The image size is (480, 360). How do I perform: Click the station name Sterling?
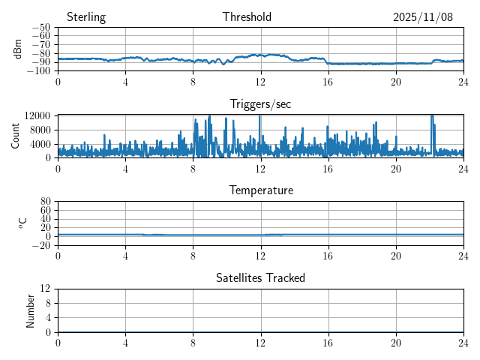(x=86, y=17)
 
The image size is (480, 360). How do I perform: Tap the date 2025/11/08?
(x=423, y=17)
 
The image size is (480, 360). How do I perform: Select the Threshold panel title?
(x=247, y=17)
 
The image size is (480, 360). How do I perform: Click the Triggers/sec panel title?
(x=260, y=103)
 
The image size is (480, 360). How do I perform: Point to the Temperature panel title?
(x=260, y=190)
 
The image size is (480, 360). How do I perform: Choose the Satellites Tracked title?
(x=260, y=277)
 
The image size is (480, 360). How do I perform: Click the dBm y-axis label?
(x=18, y=49)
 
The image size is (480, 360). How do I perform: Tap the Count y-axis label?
(x=16, y=136)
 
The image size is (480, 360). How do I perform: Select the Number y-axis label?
(x=31, y=310)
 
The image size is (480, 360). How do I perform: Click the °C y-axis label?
(x=23, y=223)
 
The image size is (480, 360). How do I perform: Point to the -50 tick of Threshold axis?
(x=40, y=28)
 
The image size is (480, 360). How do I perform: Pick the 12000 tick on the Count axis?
(x=37, y=115)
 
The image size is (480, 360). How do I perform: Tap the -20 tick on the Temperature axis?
(x=40, y=245)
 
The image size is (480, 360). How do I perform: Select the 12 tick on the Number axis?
(x=45, y=289)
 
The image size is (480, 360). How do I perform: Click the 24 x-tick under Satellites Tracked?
(x=463, y=342)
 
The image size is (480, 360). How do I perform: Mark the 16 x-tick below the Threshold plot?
(x=328, y=81)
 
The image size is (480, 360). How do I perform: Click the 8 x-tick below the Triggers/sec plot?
(x=193, y=168)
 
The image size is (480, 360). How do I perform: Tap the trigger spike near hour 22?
(x=432, y=120)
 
